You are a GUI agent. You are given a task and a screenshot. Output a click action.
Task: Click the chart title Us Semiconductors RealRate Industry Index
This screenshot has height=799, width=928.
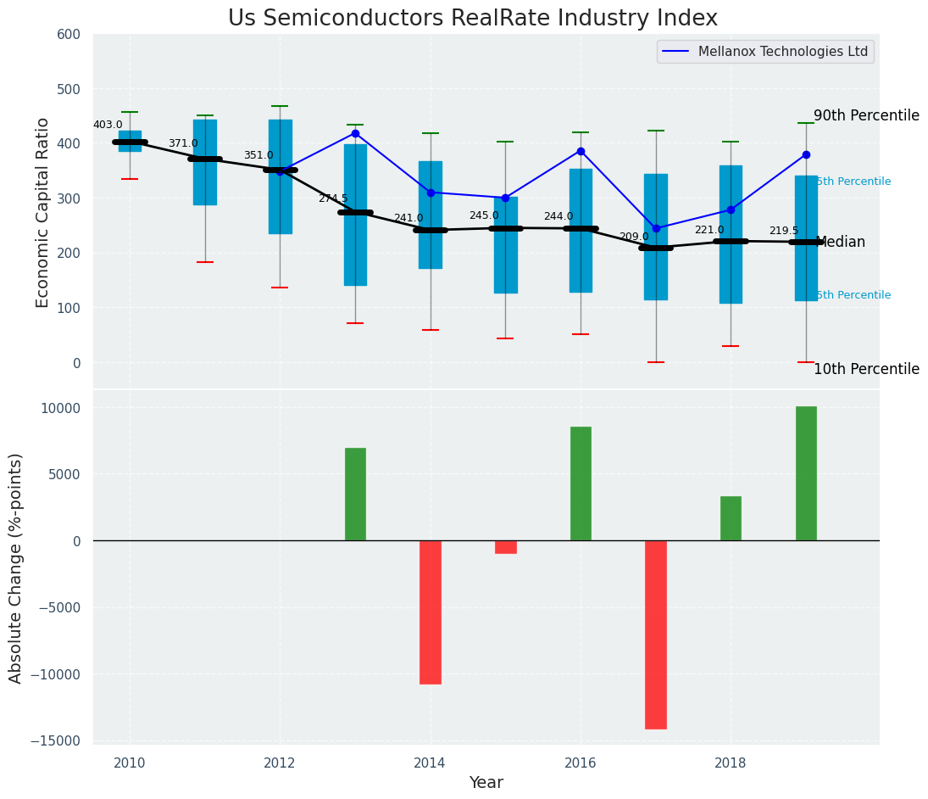[472, 19]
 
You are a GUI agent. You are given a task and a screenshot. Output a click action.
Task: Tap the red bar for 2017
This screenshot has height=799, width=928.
[656, 634]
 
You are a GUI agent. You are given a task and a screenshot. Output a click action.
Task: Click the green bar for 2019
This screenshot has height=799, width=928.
[806, 473]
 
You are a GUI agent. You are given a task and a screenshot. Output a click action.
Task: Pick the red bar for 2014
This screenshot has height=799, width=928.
[431, 612]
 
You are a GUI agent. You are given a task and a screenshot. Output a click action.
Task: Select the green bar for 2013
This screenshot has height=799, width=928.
[355, 494]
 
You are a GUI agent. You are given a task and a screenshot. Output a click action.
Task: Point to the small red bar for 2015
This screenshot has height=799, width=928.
[506, 547]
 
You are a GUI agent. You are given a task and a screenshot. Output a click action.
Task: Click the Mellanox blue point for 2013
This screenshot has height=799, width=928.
[355, 133]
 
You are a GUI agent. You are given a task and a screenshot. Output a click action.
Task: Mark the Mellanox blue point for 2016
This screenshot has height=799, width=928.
[581, 151]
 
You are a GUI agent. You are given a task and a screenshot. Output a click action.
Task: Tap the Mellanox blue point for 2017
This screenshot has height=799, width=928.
[656, 228]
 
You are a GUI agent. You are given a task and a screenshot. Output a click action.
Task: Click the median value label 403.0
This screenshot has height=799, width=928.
[108, 125]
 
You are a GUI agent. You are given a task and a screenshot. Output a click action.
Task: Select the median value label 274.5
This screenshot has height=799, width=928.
[333, 198]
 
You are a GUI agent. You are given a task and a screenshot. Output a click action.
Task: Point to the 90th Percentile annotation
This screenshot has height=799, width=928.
[866, 116]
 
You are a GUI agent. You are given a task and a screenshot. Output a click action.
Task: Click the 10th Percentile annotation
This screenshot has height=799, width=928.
[866, 369]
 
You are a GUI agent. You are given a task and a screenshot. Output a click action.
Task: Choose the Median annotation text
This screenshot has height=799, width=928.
[841, 243]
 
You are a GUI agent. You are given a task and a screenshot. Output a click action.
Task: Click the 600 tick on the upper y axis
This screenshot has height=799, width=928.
[69, 34]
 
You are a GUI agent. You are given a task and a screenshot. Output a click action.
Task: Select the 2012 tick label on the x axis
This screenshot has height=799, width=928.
[280, 763]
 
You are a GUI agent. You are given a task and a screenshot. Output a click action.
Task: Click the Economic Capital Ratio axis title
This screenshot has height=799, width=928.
[43, 212]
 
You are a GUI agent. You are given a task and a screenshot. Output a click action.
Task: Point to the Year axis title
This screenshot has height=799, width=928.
[486, 783]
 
